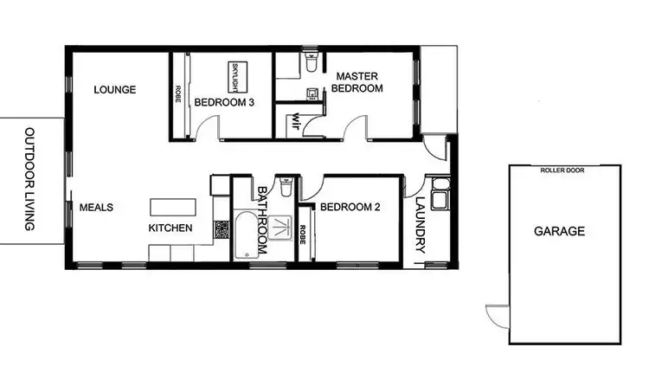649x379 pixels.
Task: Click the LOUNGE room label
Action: [x=114, y=89]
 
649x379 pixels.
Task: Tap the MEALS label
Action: [x=97, y=208]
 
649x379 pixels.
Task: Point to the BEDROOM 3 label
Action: [x=224, y=102]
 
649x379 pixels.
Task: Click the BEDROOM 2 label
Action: [x=350, y=208]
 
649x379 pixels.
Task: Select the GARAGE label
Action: [x=559, y=231]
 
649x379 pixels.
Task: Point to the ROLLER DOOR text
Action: [x=562, y=170]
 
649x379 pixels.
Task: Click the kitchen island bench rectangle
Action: [x=173, y=208]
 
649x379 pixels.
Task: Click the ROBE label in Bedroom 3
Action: [x=178, y=94]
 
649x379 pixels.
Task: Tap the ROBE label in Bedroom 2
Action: [x=304, y=234]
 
